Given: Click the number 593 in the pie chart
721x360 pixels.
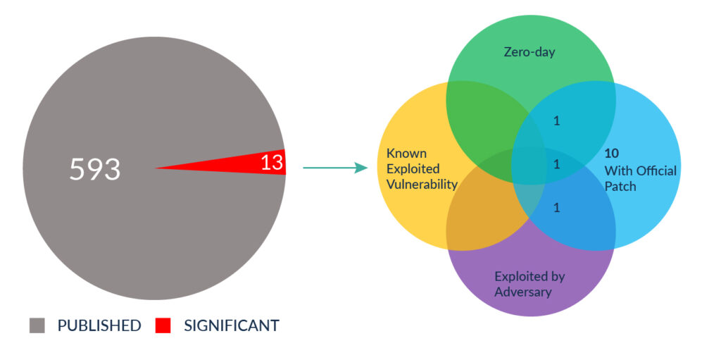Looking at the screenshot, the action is pyautogui.click(x=95, y=169).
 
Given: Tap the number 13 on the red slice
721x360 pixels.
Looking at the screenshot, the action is pyautogui.click(x=272, y=163).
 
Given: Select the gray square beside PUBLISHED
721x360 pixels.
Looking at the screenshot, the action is pyautogui.click(x=37, y=325).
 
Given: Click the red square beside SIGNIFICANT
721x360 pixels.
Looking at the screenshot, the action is pyautogui.click(x=163, y=325).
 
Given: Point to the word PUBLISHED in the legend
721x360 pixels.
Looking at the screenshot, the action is pyautogui.click(x=99, y=325).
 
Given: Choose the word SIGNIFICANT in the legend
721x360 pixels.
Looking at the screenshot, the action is pyautogui.click(x=231, y=325).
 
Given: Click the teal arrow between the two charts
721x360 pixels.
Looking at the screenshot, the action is pyautogui.click(x=335, y=168).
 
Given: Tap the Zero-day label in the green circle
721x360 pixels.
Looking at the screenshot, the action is pyautogui.click(x=529, y=52).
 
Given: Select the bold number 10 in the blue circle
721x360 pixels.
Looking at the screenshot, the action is pyautogui.click(x=612, y=154).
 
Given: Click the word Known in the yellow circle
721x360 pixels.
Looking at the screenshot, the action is pyautogui.click(x=406, y=153).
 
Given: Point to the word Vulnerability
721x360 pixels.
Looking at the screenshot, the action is pyautogui.click(x=422, y=185).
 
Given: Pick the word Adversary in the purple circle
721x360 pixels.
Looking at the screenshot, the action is pyautogui.click(x=523, y=292).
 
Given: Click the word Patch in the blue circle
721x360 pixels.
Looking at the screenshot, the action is pyautogui.click(x=620, y=187).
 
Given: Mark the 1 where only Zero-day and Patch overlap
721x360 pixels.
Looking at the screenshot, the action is pyautogui.click(x=556, y=122).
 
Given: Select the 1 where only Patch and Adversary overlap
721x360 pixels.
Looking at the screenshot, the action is pyautogui.click(x=556, y=208).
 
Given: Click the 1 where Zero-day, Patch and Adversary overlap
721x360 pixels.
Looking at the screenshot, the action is pyautogui.click(x=556, y=164).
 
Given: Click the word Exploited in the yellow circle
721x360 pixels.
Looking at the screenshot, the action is pyautogui.click(x=413, y=169).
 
